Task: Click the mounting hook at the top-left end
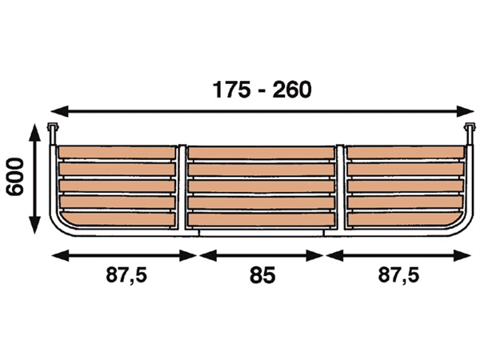tap(54, 130)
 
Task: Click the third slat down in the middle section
tap(262, 186)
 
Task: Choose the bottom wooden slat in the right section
tap(404, 218)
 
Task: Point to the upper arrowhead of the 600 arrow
tap(34, 130)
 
